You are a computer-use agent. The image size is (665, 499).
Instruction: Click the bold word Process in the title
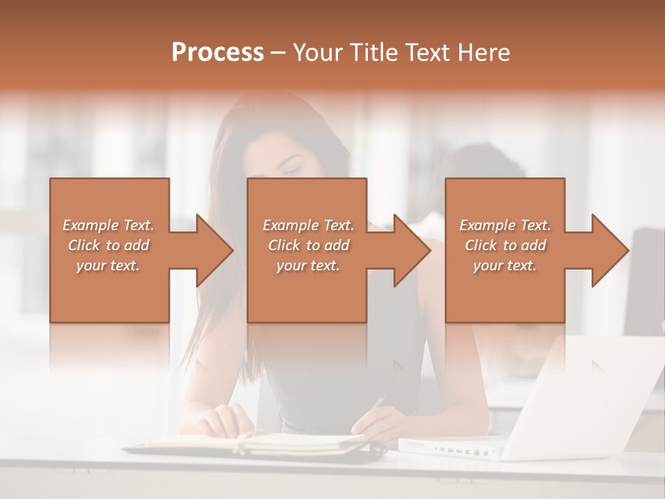point(218,52)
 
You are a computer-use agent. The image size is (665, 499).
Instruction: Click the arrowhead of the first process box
point(214,250)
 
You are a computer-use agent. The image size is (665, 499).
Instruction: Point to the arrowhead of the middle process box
point(411,250)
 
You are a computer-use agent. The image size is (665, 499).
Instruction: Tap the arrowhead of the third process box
point(610,250)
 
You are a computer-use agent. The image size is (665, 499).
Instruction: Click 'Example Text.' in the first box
point(109,225)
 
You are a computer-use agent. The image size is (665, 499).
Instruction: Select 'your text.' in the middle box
point(308,265)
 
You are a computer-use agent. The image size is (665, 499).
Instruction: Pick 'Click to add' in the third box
point(505,245)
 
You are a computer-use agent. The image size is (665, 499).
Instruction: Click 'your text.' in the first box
point(109,265)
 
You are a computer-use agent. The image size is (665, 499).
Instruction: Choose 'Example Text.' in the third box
point(505,225)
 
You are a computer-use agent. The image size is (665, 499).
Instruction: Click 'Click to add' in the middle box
point(308,245)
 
